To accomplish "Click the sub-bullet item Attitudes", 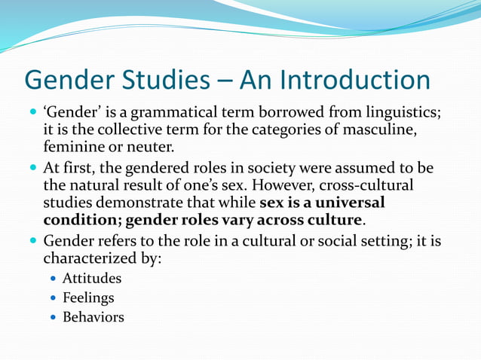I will pos(91,279).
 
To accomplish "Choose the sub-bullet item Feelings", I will pos(88,297).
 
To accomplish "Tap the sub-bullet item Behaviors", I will pos(93,317).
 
